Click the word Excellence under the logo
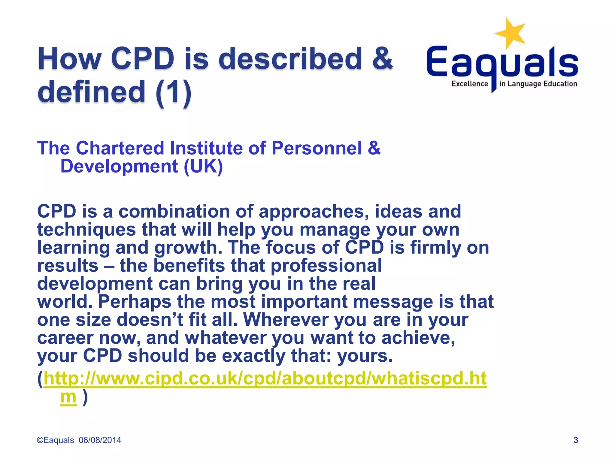[470, 84]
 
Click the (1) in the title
[174, 92]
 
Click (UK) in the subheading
[203, 166]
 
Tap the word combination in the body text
[174, 211]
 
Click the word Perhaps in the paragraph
[135, 302]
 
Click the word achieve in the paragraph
[418, 338]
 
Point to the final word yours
[365, 356]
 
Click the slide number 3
[576, 440]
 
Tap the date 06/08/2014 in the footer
[100, 440]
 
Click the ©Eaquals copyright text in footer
[55, 440]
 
